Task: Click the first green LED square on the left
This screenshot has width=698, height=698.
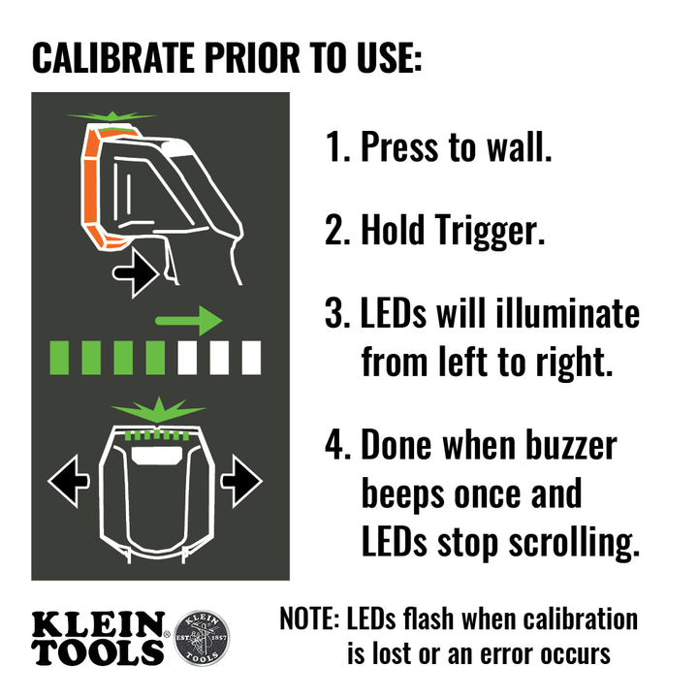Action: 59,358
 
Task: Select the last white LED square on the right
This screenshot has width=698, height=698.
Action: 251,358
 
